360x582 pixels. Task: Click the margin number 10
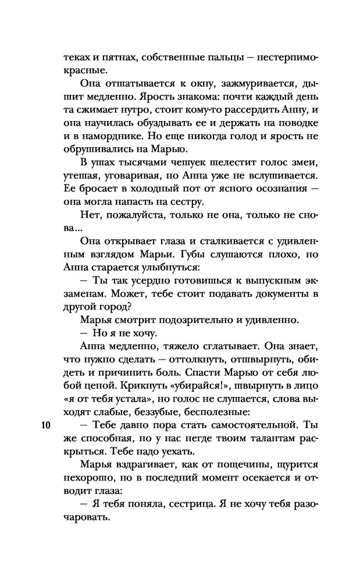click(47, 424)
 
